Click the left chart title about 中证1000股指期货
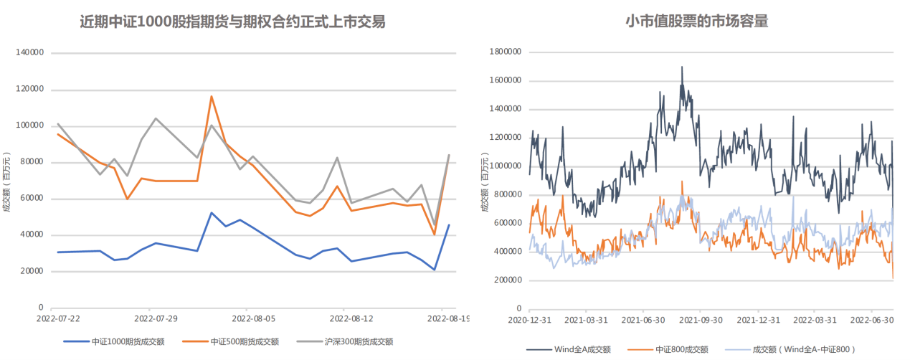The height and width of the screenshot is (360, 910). point(232,22)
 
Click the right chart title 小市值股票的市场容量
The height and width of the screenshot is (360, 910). point(697,21)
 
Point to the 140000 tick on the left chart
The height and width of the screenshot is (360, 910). point(29,52)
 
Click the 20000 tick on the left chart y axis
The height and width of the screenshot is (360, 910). point(32,271)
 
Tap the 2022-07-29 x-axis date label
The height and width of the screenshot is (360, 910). point(156,319)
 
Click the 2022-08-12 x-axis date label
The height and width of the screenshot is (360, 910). point(351,319)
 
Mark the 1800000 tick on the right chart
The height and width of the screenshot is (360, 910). point(506,52)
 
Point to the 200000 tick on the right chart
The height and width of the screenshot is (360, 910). point(508,280)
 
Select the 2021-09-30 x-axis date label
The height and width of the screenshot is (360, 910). point(701,320)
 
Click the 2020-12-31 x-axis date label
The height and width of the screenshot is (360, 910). point(530,320)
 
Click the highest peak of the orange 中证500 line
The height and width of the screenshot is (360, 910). point(212,96)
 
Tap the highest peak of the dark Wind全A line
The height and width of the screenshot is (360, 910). point(682,67)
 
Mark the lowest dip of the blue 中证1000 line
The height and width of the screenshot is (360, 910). point(435,270)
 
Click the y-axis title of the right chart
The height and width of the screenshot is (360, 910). point(485,182)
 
